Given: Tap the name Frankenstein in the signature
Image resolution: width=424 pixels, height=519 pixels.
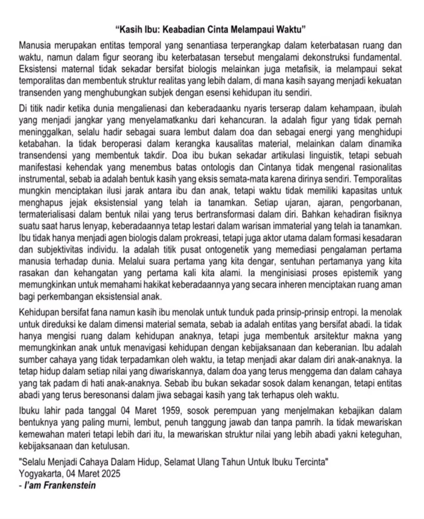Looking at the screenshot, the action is (70, 485).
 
